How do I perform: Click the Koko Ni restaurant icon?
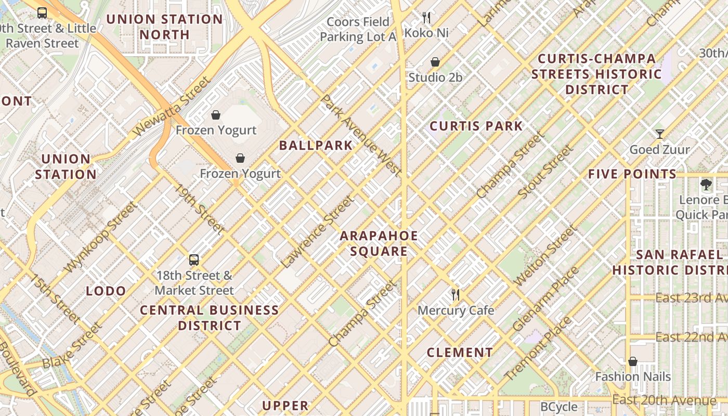(426, 18)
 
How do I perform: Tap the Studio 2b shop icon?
(435, 62)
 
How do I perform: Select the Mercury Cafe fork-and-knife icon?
(456, 295)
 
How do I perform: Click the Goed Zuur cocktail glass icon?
(659, 134)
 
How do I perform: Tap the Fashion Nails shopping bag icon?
(633, 361)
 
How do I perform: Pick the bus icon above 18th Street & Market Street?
(194, 260)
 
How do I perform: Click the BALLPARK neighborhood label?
(316, 145)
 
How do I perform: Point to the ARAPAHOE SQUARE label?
(379, 243)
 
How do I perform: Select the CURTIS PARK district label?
(476, 126)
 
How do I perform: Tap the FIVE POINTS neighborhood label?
(632, 174)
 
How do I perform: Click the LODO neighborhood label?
(106, 291)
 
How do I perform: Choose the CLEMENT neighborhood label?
(460, 353)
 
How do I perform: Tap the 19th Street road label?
(200, 209)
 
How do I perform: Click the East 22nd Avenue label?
(691, 337)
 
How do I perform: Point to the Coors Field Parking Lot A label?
(358, 29)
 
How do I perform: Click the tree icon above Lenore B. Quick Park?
(706, 184)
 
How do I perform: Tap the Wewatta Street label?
(172, 106)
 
